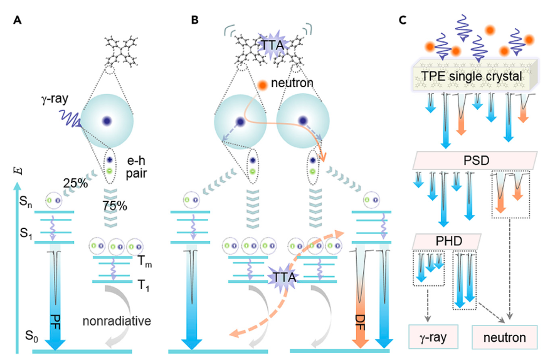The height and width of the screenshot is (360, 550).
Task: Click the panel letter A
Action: (18, 19)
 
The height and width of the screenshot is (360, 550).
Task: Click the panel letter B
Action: (195, 19)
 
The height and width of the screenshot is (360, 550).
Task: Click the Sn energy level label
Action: (25, 201)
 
